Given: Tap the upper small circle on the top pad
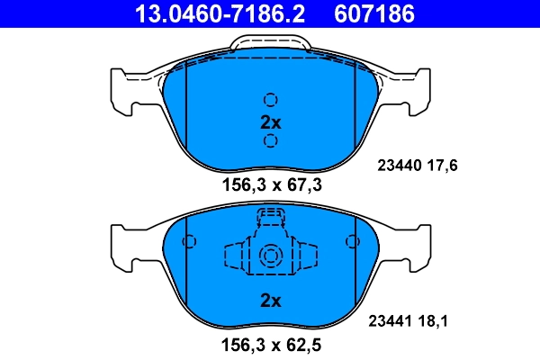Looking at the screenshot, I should click(x=270, y=100).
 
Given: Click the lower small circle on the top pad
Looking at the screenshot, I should click(x=270, y=141).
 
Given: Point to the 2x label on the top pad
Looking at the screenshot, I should click(x=270, y=121).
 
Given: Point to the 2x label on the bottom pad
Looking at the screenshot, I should click(x=270, y=300).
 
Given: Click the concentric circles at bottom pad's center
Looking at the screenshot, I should click(x=270, y=256).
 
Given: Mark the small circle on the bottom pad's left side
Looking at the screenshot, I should click(x=189, y=241).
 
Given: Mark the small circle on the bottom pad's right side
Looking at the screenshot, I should click(x=351, y=241).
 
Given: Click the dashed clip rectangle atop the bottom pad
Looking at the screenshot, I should click(x=270, y=217).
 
